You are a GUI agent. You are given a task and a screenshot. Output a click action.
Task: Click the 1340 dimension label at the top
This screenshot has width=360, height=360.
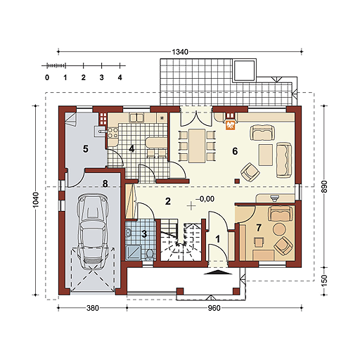pyautogui.click(x=180, y=52)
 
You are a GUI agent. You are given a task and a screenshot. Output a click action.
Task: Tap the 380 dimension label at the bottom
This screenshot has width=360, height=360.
pyautogui.click(x=93, y=308)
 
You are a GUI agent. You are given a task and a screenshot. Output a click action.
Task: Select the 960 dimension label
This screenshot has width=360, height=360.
pyautogui.click(x=214, y=308)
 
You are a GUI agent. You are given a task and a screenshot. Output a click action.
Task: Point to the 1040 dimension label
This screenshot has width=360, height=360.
pyautogui.click(x=36, y=200)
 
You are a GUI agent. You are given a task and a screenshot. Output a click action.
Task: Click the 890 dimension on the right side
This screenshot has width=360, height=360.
pyautogui.click(x=323, y=186)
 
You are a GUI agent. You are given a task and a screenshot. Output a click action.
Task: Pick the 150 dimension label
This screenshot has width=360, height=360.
pyautogui.click(x=323, y=281)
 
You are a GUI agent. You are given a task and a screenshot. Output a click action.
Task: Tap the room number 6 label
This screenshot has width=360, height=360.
pyautogui.click(x=235, y=151)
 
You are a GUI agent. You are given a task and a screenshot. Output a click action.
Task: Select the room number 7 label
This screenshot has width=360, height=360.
pyautogui.click(x=259, y=227)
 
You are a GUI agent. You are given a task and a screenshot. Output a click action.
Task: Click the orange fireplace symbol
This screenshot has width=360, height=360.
pyautogui.click(x=230, y=125)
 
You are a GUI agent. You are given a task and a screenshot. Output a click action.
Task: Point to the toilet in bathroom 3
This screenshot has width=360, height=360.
pyautogui.click(x=150, y=255)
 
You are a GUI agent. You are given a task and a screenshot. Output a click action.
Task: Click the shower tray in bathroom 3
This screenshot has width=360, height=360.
pyautogui.click(x=134, y=252)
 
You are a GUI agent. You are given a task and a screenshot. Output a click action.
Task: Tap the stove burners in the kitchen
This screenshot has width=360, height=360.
pyautogui.click(x=112, y=132)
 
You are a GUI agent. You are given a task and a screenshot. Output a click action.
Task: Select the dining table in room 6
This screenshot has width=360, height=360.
pyautogui.click(x=198, y=146)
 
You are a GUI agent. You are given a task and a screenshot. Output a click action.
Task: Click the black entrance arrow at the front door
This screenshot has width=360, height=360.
pyautogui.click(x=217, y=272)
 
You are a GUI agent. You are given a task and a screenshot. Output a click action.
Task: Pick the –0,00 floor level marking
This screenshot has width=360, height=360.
pyautogui.click(x=205, y=199)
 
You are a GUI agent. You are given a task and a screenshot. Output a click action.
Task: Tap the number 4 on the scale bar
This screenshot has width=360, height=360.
pyautogui.click(x=120, y=77)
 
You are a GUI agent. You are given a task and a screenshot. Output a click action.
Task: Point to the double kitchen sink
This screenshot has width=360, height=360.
pyautogui.click(x=136, y=117)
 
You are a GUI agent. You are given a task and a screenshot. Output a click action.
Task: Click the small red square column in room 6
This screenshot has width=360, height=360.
pyautogui.click(x=237, y=181)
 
